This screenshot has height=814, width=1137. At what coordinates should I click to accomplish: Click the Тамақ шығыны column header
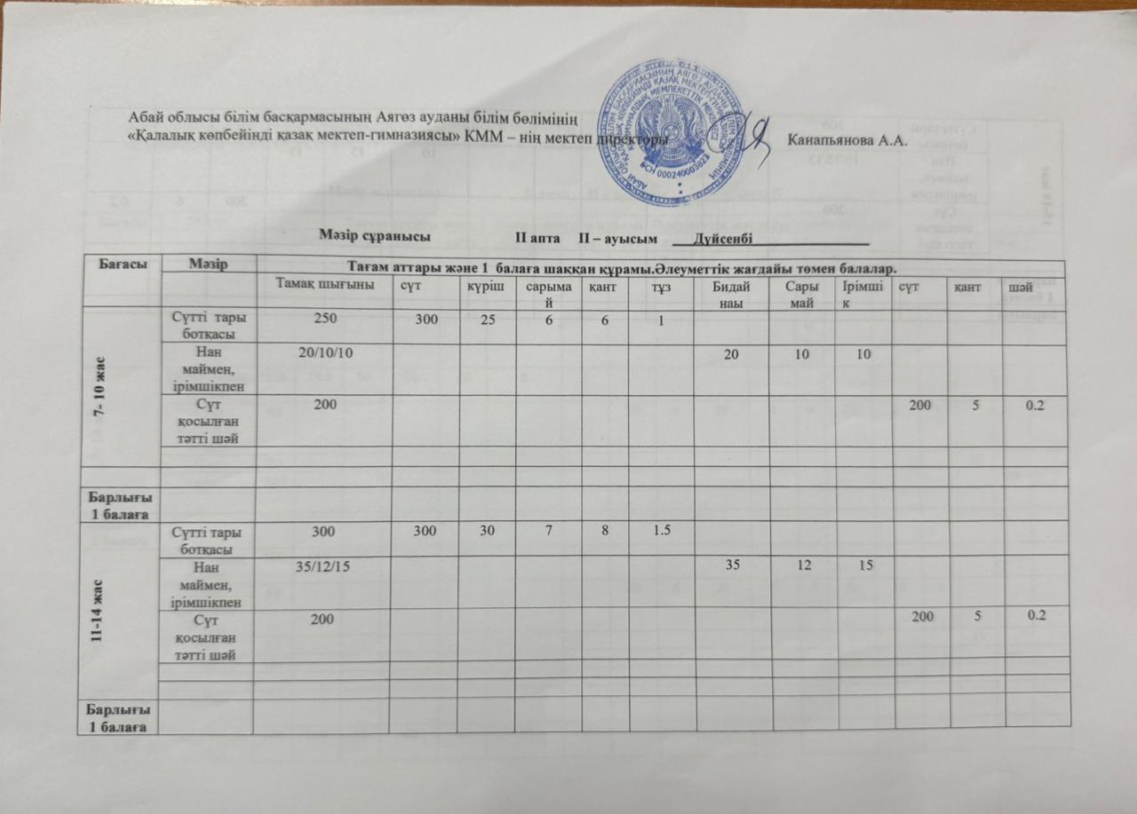click(323, 284)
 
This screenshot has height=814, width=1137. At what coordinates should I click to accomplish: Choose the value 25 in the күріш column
click(487, 319)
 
